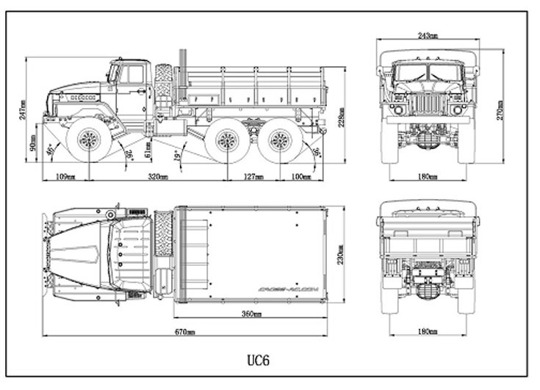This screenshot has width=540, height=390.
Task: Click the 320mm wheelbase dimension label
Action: (x=157, y=177)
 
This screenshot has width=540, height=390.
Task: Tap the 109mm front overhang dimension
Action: (x=65, y=177)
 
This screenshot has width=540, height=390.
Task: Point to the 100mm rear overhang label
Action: (x=300, y=177)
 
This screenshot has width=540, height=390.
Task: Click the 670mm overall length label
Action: (x=184, y=333)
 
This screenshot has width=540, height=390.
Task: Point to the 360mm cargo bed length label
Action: (x=251, y=314)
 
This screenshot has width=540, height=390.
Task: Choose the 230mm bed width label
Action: (x=340, y=254)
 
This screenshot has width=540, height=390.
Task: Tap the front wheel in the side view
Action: (x=89, y=140)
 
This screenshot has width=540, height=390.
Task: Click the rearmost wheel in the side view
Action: (x=280, y=140)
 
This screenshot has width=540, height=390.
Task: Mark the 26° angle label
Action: (x=129, y=154)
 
